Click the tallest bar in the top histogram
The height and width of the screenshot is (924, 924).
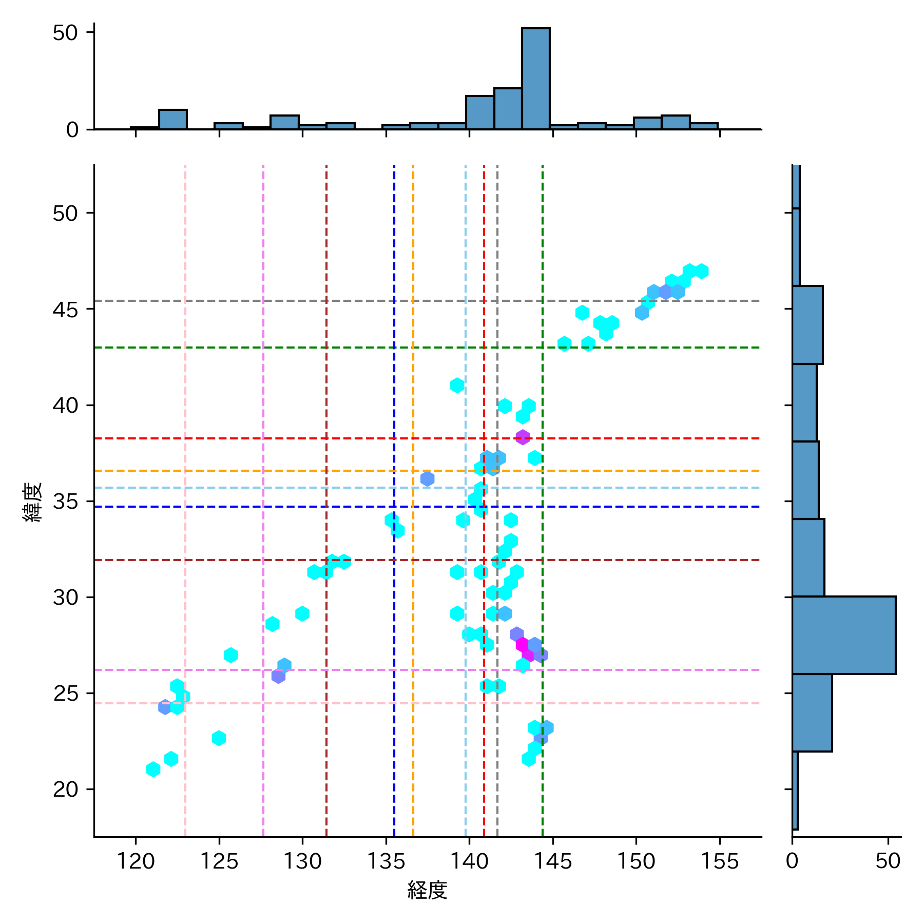(x=535, y=79)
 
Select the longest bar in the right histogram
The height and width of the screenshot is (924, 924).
(x=843, y=635)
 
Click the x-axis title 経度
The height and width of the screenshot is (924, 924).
(x=427, y=890)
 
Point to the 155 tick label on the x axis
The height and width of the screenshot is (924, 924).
(x=719, y=861)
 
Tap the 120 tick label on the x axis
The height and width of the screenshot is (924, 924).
(x=136, y=861)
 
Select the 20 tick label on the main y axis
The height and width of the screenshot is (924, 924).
(x=65, y=790)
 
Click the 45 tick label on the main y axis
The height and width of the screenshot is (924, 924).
(x=65, y=310)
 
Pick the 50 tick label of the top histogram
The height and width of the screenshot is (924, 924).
(x=65, y=33)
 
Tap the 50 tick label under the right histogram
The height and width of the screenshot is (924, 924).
(x=888, y=861)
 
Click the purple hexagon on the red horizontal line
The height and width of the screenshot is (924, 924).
(x=523, y=437)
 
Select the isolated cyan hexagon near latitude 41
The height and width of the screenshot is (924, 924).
(x=457, y=385)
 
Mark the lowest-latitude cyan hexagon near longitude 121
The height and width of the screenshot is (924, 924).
(x=153, y=769)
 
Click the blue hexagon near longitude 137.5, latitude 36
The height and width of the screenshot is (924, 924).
(x=427, y=479)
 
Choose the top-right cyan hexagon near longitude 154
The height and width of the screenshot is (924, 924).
(x=701, y=271)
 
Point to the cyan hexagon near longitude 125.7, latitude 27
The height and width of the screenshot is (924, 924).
(x=230, y=655)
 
